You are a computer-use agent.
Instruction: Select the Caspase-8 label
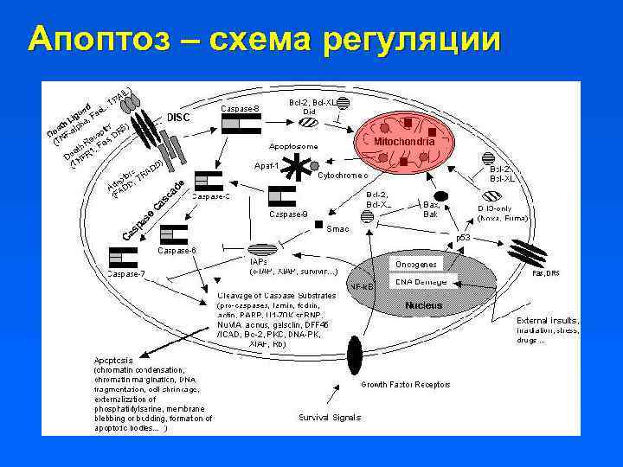click(241, 108)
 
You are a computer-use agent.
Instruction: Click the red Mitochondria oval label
click(404, 141)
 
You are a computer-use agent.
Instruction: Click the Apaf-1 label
click(266, 165)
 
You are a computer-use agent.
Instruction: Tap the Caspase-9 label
click(288, 214)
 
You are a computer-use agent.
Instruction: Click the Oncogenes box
click(416, 264)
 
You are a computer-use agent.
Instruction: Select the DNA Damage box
click(421, 282)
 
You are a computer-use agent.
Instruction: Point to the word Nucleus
click(424, 305)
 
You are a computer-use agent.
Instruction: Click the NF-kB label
click(362, 286)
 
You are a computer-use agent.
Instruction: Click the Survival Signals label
click(330, 418)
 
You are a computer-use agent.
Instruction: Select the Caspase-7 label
click(126, 273)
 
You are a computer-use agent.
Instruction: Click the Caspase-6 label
click(177, 250)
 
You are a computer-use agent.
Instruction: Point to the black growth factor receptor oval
click(353, 355)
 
